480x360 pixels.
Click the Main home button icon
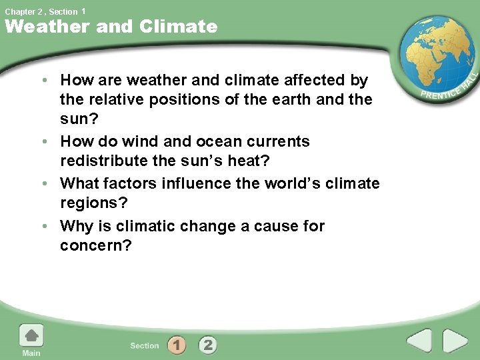point(31,337)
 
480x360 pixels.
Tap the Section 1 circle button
point(177,345)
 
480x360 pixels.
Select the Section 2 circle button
point(208,345)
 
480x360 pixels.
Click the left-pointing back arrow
point(419,341)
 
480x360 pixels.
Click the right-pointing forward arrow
point(456,341)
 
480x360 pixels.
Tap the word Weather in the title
point(47,27)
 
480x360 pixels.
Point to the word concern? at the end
point(96,246)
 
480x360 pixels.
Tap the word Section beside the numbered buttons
point(145,345)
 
